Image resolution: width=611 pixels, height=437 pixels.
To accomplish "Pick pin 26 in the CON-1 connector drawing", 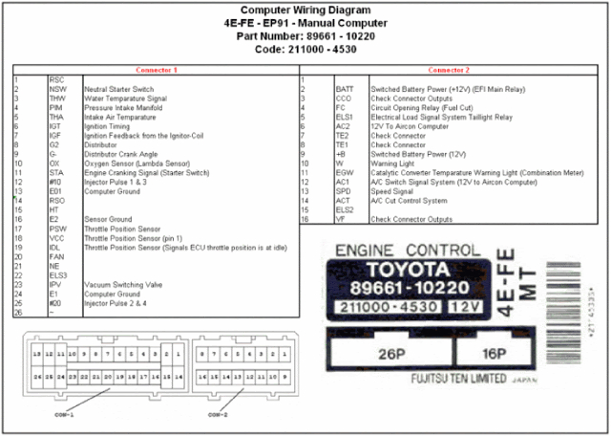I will tap(36, 377).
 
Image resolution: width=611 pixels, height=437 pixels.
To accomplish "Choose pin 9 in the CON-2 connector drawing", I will tap(284, 377).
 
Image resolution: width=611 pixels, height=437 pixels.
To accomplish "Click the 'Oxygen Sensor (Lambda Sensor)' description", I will tap(134, 164).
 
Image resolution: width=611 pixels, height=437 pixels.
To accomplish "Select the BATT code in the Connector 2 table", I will tap(345, 89).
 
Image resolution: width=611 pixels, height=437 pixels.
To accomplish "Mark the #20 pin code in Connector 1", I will tap(56, 303).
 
